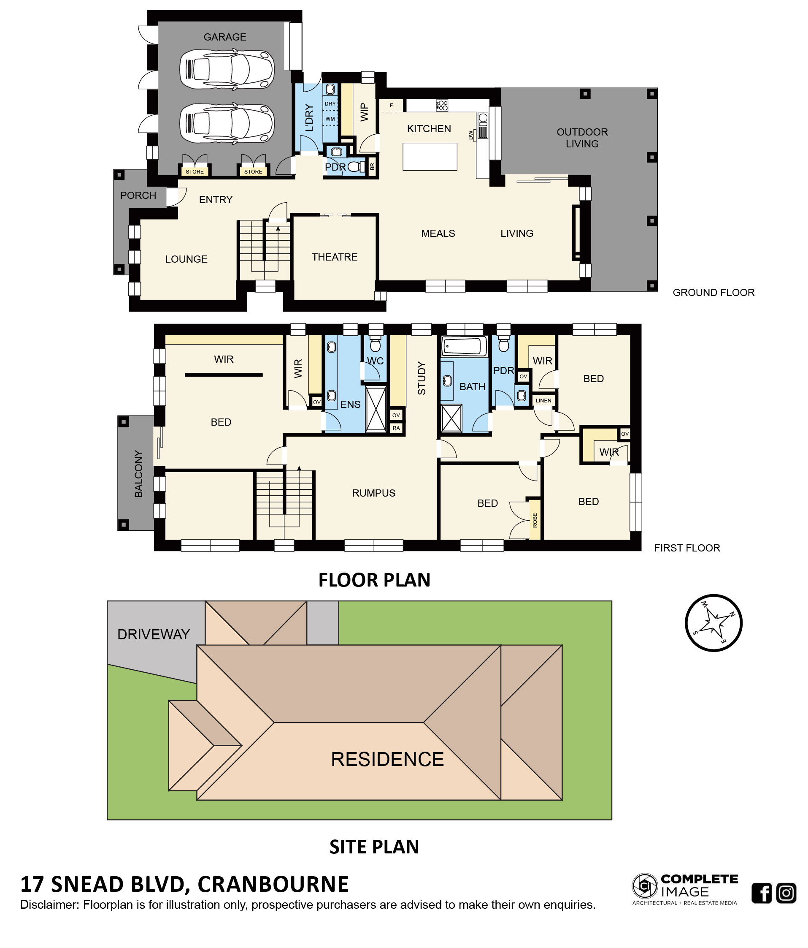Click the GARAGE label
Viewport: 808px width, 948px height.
click(224, 37)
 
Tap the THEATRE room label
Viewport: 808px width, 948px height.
click(334, 257)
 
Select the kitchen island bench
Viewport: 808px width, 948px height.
click(430, 157)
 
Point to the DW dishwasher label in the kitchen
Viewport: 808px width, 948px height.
click(470, 135)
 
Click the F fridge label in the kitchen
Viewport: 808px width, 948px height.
click(391, 106)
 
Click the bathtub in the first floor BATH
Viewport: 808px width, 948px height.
click(465, 346)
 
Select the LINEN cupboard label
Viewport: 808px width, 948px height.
click(543, 400)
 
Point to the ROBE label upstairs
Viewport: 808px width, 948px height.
click(535, 521)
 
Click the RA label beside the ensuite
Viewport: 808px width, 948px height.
click(396, 428)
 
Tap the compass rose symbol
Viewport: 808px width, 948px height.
click(713, 623)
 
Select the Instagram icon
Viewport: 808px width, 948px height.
click(786, 893)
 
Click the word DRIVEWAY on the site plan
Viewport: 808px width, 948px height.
click(154, 634)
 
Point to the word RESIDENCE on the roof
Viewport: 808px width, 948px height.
click(387, 759)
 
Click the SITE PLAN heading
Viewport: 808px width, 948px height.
click(374, 847)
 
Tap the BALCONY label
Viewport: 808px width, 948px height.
click(138, 473)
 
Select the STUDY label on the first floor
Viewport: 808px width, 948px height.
click(422, 378)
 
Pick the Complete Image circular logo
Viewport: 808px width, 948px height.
click(645, 886)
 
